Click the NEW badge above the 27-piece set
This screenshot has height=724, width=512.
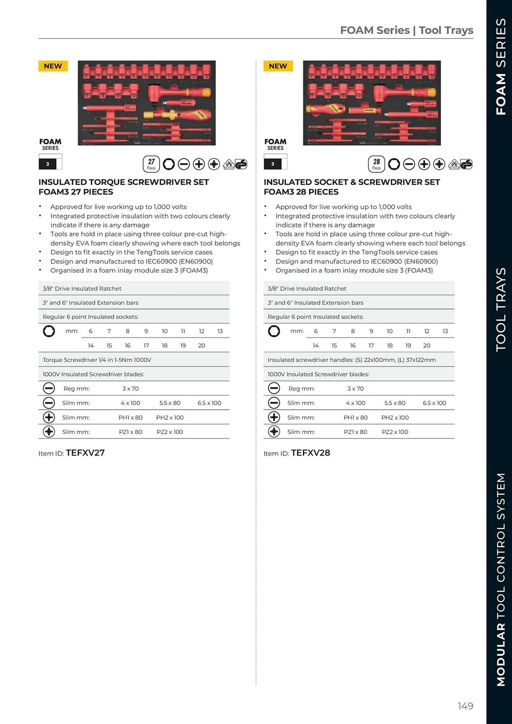[x=53, y=66]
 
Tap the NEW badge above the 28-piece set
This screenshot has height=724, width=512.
[x=278, y=66]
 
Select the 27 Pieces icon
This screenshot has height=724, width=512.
[x=151, y=164]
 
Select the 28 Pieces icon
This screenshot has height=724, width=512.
[x=376, y=164]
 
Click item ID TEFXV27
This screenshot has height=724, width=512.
[x=85, y=453]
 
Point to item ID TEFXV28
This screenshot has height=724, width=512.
[x=310, y=453]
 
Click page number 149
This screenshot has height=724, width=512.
[x=465, y=706]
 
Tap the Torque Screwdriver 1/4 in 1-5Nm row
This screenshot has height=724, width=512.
[x=97, y=360]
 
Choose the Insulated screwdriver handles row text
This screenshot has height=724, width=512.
[x=351, y=360]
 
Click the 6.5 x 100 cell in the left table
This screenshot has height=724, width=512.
[x=209, y=403]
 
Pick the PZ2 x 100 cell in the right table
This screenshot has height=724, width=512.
[x=395, y=432]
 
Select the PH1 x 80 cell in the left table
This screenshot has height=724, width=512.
[x=130, y=417]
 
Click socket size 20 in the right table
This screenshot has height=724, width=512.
[x=427, y=345]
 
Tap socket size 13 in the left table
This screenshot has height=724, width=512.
[x=220, y=331]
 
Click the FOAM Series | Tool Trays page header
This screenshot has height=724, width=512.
[x=406, y=30]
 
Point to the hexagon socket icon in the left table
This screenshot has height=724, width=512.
[x=49, y=331]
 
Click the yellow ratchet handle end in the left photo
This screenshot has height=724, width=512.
[x=205, y=93]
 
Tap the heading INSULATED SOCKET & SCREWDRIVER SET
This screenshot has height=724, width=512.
[x=351, y=182]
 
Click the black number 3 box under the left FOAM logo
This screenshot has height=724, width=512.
[x=47, y=164]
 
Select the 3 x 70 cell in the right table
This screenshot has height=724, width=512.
[x=355, y=388]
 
